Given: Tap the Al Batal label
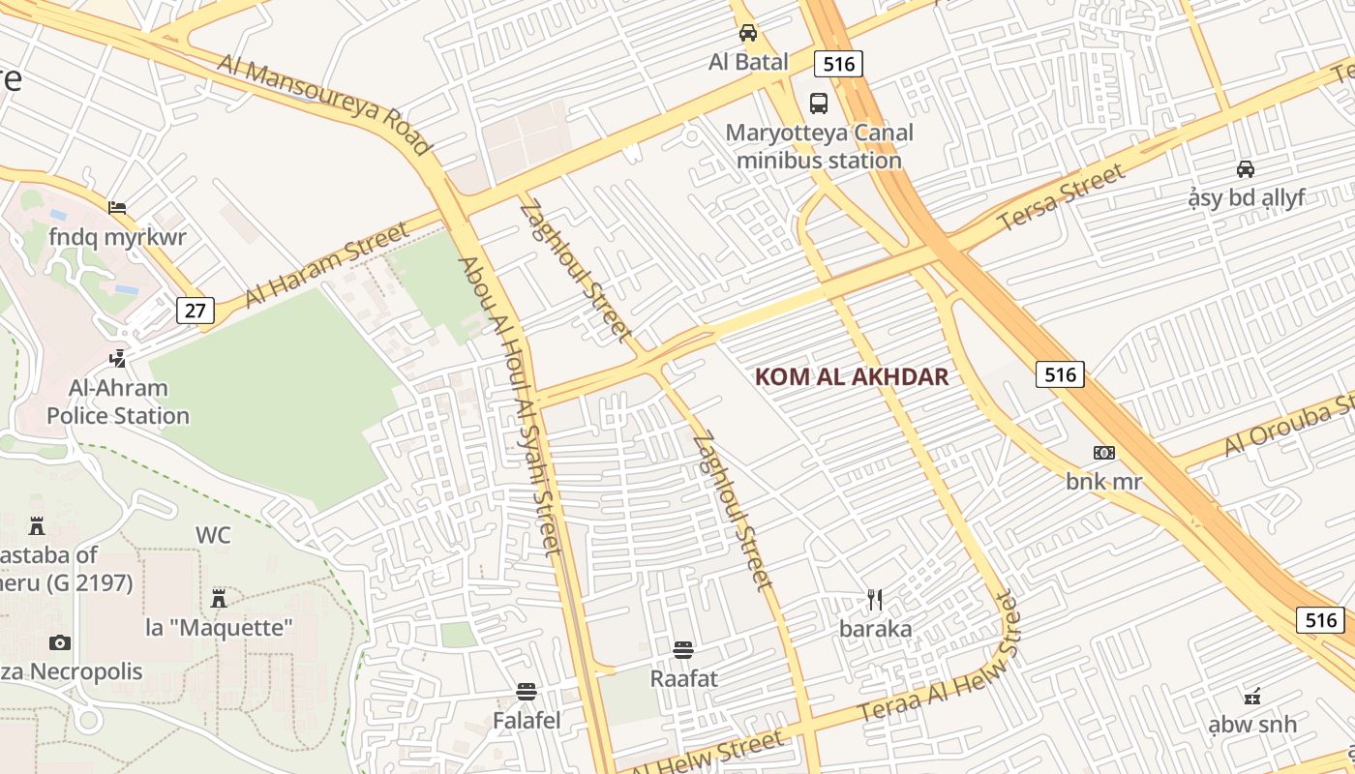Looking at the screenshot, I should pyautogui.click(x=748, y=62).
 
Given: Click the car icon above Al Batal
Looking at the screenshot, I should pyautogui.click(x=748, y=33).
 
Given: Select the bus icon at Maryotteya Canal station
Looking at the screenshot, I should pyautogui.click(x=818, y=103).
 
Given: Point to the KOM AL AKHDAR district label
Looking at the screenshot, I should pyautogui.click(x=852, y=377).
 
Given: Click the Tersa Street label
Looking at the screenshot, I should pyautogui.click(x=1062, y=197).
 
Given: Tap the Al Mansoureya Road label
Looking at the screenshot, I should pyautogui.click(x=323, y=104).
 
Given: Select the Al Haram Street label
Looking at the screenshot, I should pyautogui.click(x=327, y=265).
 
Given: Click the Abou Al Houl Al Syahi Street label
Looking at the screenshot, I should pyautogui.click(x=509, y=406).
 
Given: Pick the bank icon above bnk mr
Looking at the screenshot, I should pyautogui.click(x=1103, y=453).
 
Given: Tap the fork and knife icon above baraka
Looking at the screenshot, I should pyautogui.click(x=875, y=600).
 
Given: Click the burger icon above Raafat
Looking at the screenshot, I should pyautogui.click(x=683, y=649).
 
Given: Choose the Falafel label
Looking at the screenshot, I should pyautogui.click(x=527, y=721).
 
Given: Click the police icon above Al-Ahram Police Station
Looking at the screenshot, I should pyautogui.click(x=117, y=359).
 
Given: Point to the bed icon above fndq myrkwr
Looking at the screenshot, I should pyautogui.click(x=117, y=208).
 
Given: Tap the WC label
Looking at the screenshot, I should pyautogui.click(x=213, y=535).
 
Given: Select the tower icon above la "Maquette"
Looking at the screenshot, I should pyautogui.click(x=219, y=598).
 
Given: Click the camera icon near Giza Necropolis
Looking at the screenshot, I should pyautogui.click(x=59, y=642).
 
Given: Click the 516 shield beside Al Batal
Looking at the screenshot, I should pyautogui.click(x=838, y=64).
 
